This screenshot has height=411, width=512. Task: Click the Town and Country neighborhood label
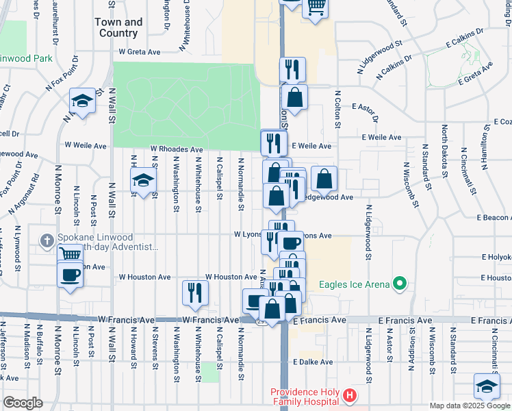(x=118, y=27)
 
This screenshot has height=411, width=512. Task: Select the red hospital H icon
(x=350, y=395)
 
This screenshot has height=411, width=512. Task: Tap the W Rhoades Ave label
(x=177, y=149)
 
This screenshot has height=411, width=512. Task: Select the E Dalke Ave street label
(x=312, y=362)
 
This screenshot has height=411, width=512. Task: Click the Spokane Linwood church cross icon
(x=46, y=240)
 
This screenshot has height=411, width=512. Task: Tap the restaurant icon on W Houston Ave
(x=195, y=292)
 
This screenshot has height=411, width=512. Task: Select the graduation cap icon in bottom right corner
(x=487, y=386)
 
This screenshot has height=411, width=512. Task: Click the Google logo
(x=23, y=403)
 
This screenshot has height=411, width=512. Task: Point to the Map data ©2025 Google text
(x=470, y=406)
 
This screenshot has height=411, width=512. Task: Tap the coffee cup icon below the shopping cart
(x=70, y=275)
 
